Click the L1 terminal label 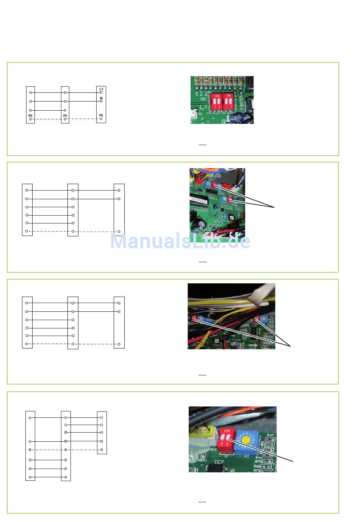click(x=101, y=89)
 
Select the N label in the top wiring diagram click(x=101, y=98)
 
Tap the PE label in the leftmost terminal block click(x=30, y=116)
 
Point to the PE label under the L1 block click(x=101, y=115)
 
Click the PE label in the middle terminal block click(x=65, y=116)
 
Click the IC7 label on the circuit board click(x=219, y=462)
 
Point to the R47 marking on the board click(x=270, y=435)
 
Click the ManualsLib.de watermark click(x=180, y=241)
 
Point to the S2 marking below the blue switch click(x=246, y=456)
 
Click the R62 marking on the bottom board click(x=201, y=460)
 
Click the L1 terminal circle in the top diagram click(x=101, y=92)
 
